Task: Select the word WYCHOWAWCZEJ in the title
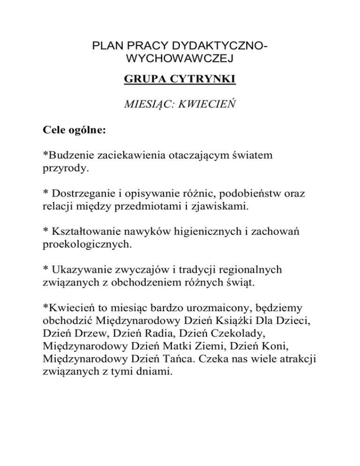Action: (180, 60)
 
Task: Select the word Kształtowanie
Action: (84, 231)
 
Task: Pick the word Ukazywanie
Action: (78, 269)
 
